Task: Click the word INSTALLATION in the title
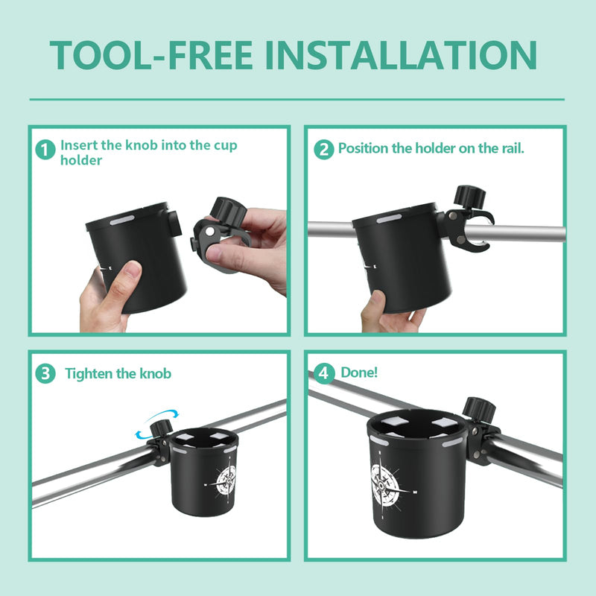pos(401,55)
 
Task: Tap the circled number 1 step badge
pos(45,150)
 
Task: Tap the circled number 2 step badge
pos(324,149)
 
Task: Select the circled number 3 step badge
pos(45,373)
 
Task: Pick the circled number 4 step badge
pos(324,373)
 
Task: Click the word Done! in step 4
pos(359,372)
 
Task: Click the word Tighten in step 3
pos(89,374)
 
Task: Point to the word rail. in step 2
pos(513,148)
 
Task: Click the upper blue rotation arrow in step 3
pos(163,414)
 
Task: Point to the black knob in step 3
pos(161,429)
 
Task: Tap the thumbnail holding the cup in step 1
pos(133,269)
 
